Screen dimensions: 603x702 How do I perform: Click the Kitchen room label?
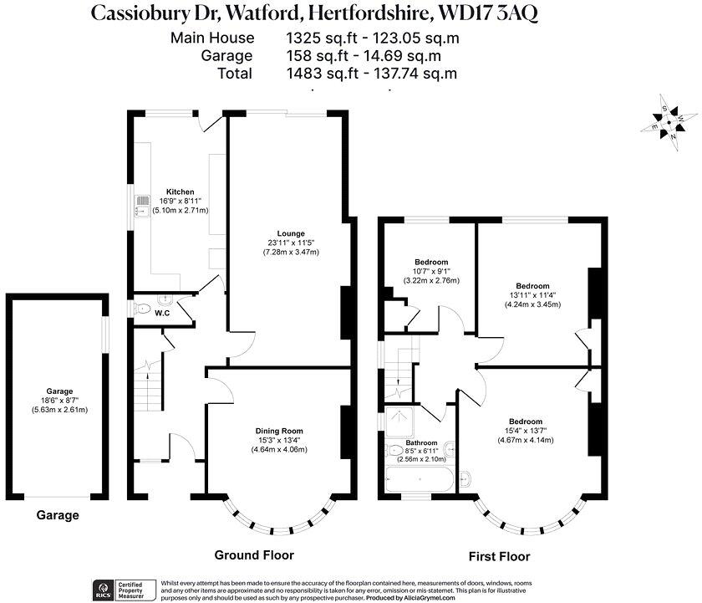tap(180, 192)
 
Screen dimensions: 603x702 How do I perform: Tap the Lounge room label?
tap(292, 233)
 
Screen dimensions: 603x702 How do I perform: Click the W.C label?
tap(163, 314)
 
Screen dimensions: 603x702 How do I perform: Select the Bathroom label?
tap(421, 442)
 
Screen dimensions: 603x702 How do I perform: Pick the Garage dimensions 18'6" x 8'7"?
tap(59, 401)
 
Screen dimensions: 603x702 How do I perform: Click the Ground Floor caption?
tap(254, 554)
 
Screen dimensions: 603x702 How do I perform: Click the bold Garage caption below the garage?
tap(58, 515)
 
